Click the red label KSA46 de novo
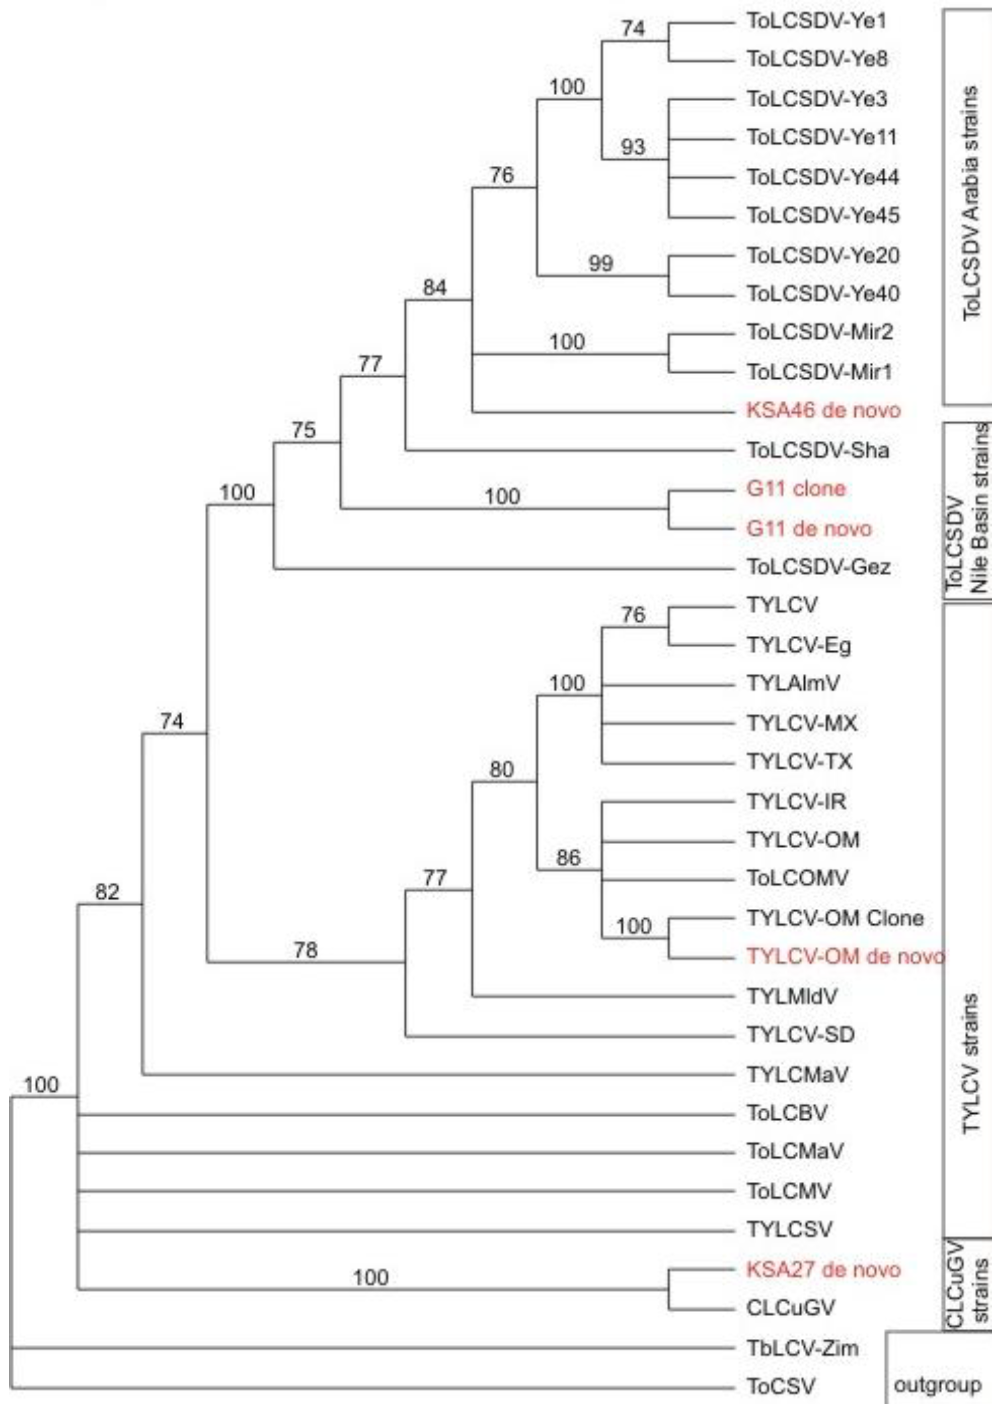point(823,410)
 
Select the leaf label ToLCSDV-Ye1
point(817,22)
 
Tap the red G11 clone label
point(795,489)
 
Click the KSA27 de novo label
point(823,1270)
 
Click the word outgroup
point(937,1385)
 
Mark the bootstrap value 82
point(107,892)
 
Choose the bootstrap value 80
point(501,769)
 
